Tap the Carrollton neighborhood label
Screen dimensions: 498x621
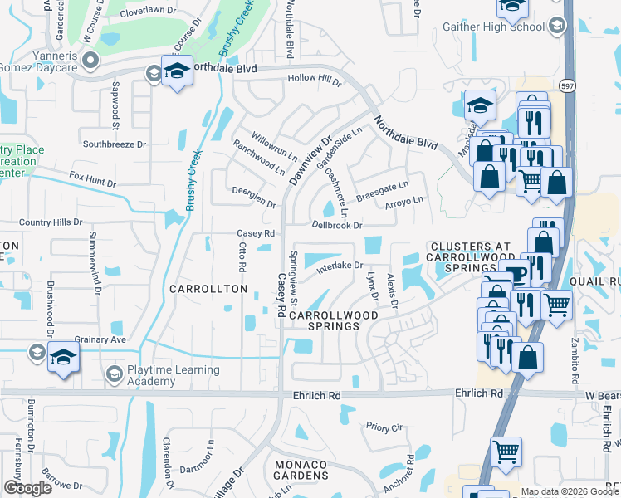click(208, 289)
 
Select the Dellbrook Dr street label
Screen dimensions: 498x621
click(337, 225)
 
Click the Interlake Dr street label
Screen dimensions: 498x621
click(336, 266)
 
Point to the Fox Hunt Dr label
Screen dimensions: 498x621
click(89, 177)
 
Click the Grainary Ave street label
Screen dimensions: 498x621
click(100, 339)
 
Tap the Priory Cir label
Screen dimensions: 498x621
click(384, 427)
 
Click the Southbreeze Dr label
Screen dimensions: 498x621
click(115, 144)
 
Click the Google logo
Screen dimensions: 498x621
click(28, 488)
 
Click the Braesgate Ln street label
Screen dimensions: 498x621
click(383, 192)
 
